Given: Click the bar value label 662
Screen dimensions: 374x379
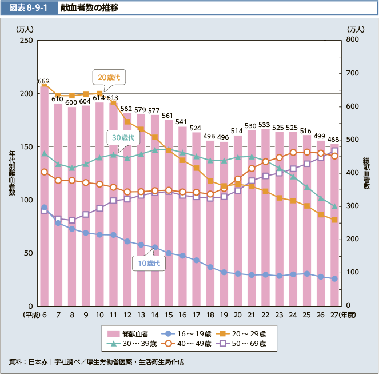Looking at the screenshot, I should (x=43, y=82).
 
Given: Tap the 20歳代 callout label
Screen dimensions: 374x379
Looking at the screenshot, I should (x=108, y=77).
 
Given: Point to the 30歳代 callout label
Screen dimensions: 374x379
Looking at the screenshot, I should (x=122, y=138).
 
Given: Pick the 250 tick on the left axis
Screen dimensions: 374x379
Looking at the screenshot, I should (x=26, y=41).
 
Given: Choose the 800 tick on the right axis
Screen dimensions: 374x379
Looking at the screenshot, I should (x=353, y=41).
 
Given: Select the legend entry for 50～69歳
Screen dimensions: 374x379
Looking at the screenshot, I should (x=252, y=344).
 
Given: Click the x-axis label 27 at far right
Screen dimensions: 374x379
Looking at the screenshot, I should (x=333, y=315).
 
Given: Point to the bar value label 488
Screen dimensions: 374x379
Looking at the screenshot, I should (x=334, y=140).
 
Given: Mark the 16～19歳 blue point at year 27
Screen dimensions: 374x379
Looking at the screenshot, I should (x=334, y=279).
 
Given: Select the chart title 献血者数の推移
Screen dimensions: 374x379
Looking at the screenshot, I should (x=90, y=9).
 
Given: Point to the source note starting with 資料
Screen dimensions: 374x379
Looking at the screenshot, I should (x=97, y=362).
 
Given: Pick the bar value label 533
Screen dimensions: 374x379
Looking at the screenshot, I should (x=265, y=125).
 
